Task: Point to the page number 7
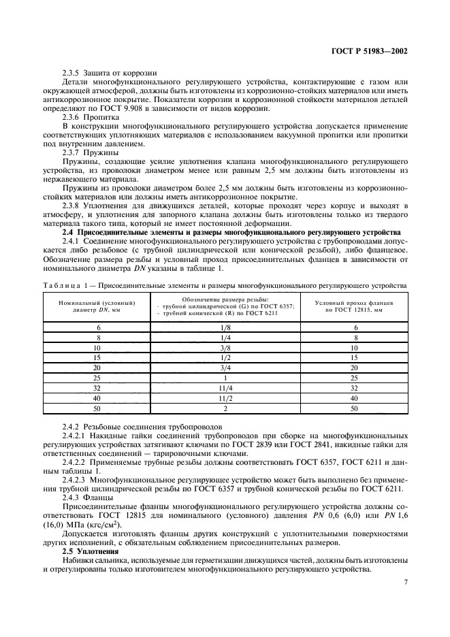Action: pyautogui.click(x=405, y=582)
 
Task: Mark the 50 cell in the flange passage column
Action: pyautogui.click(x=353, y=408)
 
